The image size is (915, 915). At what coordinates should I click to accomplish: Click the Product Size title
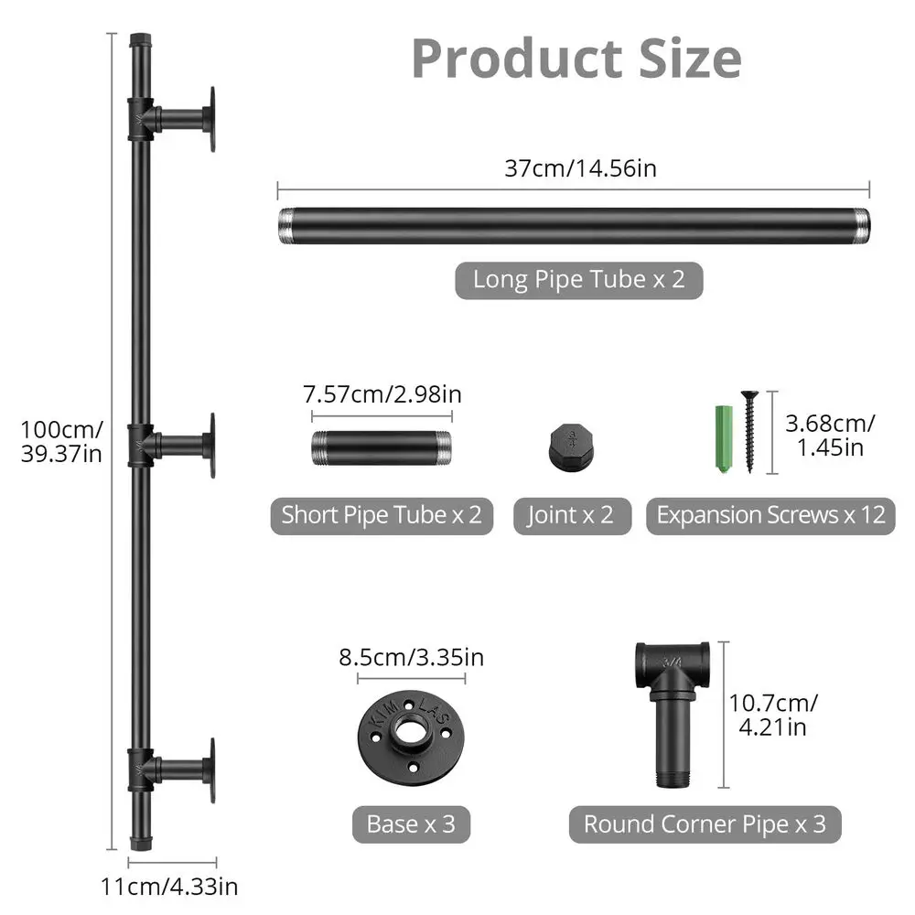coord(576,59)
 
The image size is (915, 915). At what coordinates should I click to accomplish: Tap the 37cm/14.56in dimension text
coord(580,168)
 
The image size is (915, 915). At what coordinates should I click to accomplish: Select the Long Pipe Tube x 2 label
coord(578,279)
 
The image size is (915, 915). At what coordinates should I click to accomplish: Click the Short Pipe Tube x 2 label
coord(382,515)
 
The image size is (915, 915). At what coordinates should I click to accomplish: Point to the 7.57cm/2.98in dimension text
coord(382,394)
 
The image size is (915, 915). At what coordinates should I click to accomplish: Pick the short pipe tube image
coord(382,447)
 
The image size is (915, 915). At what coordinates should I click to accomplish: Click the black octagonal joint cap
coord(571,446)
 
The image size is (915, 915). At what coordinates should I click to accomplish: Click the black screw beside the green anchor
coord(749,431)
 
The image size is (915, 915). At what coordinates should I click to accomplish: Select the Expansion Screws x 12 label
coord(770,515)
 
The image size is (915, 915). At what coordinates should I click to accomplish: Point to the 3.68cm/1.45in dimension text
coord(830,435)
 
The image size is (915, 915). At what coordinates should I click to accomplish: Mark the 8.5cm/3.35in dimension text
coord(411,657)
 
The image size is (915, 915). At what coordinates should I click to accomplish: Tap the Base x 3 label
coord(411,823)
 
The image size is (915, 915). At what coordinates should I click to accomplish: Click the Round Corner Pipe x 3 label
coord(705,823)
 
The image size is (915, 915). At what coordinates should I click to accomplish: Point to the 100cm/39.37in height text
coord(62,442)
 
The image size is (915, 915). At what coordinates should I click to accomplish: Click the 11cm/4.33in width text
coord(171,886)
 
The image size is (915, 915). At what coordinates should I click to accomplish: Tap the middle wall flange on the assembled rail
coord(210,445)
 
